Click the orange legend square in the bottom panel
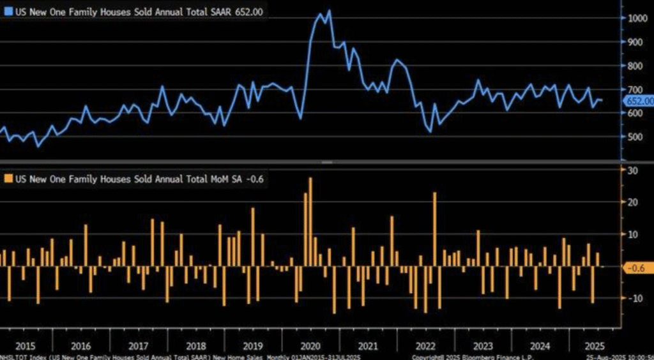coord(7,179)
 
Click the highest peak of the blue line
coord(329,10)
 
